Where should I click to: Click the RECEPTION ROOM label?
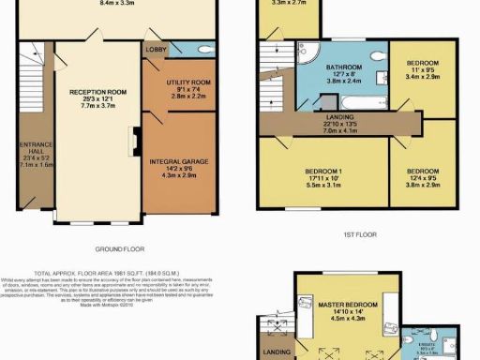pyautogui.click(x=91, y=95)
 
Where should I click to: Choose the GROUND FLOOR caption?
pyautogui.click(x=120, y=250)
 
